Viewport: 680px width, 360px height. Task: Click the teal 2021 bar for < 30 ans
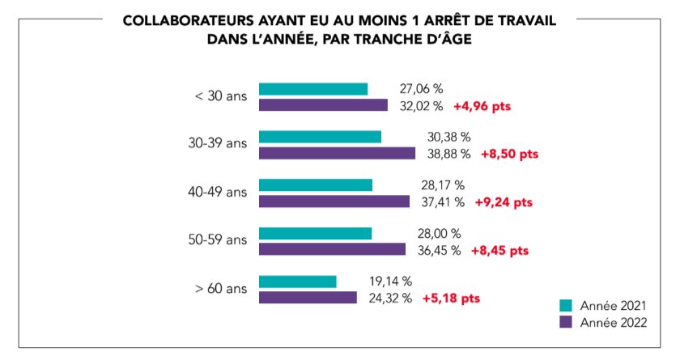[312, 89]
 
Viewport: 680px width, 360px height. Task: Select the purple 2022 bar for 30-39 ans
[337, 153]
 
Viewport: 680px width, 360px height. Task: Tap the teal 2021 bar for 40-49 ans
[315, 185]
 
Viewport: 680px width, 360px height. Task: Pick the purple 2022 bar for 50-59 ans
[332, 249]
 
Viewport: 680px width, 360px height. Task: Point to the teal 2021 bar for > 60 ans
[297, 282]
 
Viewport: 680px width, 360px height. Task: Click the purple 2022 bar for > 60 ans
[308, 297]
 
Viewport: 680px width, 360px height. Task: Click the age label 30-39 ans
[218, 144]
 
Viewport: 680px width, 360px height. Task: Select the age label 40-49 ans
[218, 193]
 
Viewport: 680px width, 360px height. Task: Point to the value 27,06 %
[422, 89]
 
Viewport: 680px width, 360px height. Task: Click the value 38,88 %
[448, 153]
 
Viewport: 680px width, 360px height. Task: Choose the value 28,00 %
[439, 234]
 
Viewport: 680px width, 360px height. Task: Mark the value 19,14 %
[390, 282]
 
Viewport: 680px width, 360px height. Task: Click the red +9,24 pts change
[504, 201]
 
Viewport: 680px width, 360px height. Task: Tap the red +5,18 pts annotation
[451, 298]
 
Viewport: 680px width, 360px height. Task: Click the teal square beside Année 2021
[567, 306]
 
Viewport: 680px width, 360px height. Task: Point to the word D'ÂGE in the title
[442, 39]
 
